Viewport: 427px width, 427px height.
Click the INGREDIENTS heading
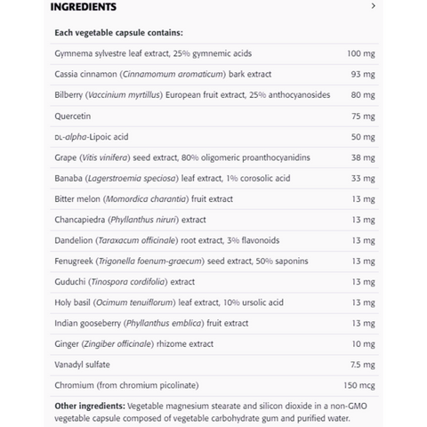pyautogui.click(x=83, y=7)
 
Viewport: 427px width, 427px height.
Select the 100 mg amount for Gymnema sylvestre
pyautogui.click(x=359, y=54)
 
